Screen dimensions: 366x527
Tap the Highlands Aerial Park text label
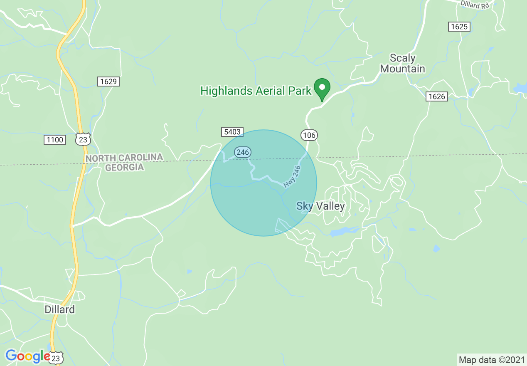256,91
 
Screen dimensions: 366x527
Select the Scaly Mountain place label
402,63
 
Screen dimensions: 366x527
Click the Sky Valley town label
320,206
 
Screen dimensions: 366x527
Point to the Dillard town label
60,309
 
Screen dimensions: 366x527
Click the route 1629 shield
108,82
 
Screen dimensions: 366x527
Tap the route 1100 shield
55,140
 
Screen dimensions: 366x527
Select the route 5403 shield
232,132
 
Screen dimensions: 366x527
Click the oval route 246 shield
242,152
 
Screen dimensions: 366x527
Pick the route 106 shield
309,135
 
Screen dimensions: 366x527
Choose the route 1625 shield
459,27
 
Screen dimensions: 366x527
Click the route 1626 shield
436,96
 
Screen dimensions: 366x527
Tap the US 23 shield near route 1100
83,139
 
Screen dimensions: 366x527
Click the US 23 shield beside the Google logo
57,357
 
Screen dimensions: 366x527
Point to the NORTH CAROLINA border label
124,158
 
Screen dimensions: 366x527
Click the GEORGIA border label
124,167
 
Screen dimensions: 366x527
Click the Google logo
27,356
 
